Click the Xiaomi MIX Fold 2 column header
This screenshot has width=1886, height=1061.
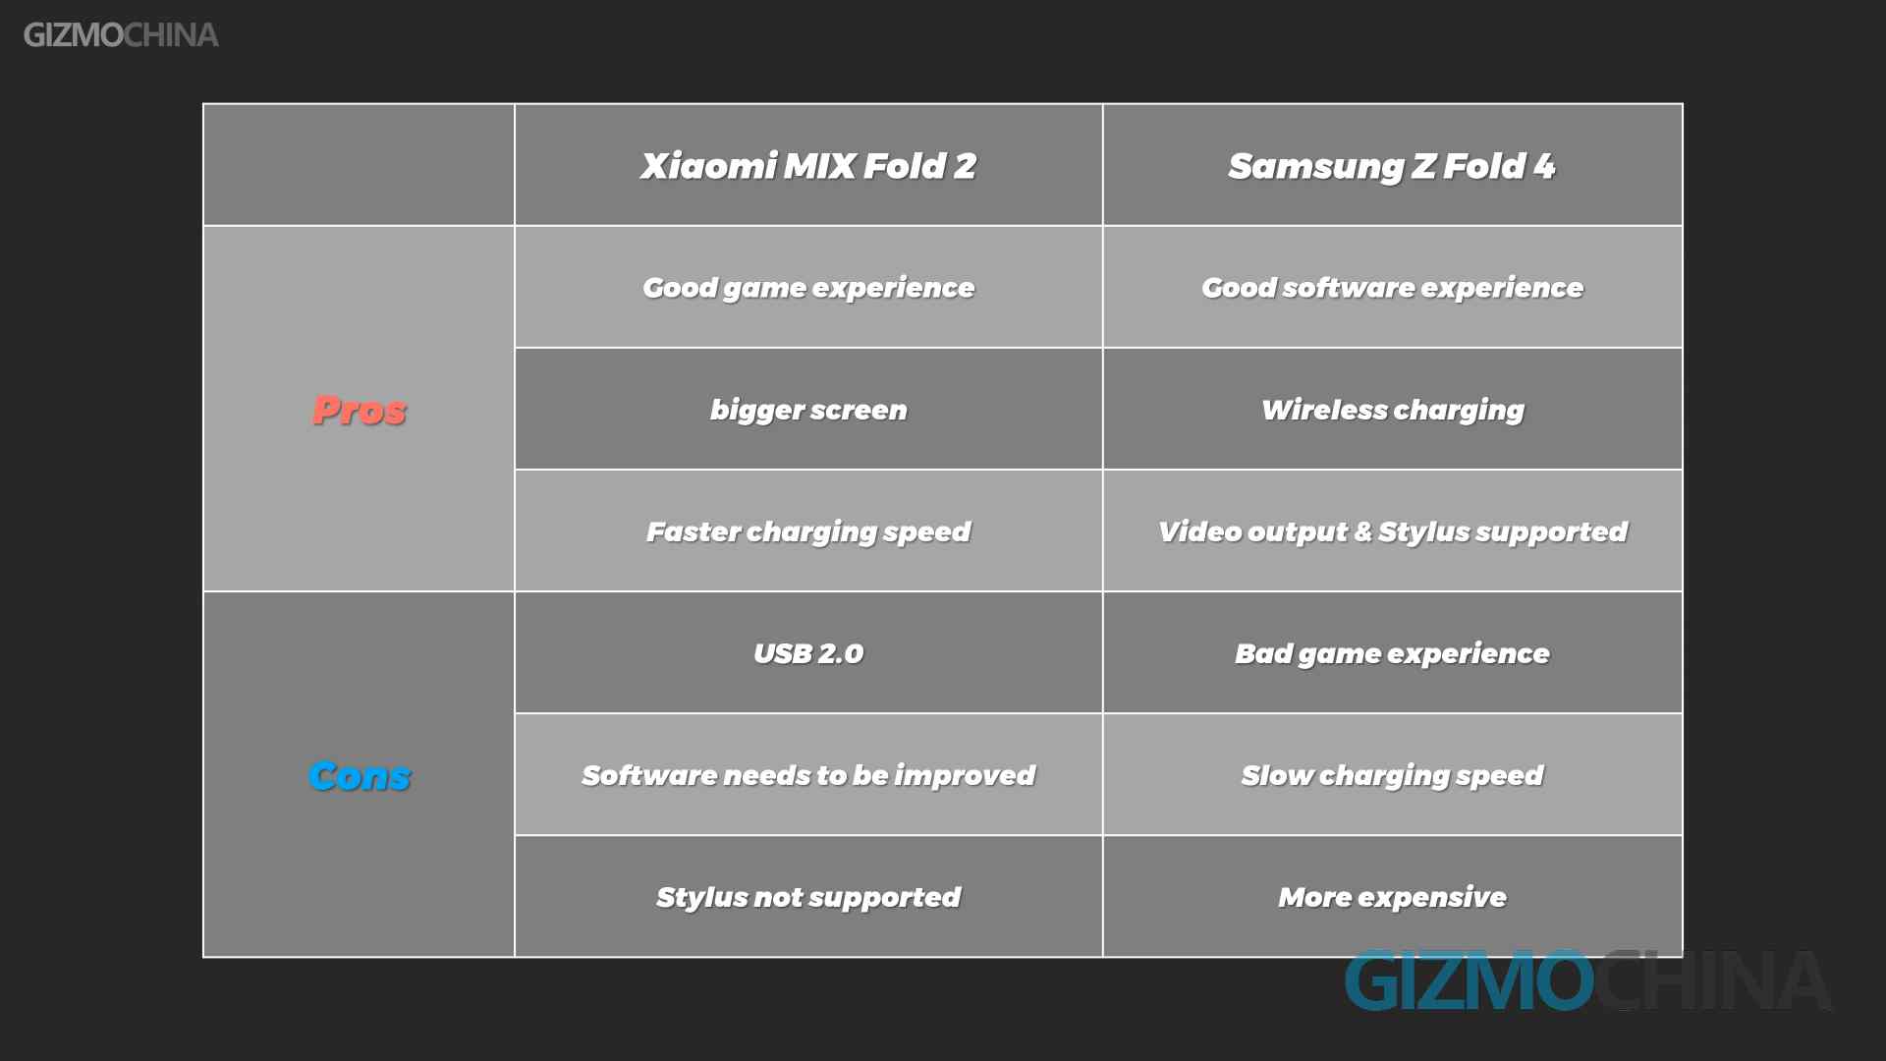tap(808, 166)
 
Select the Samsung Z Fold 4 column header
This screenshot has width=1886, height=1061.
tap(1392, 166)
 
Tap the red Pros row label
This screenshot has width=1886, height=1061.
tap(360, 410)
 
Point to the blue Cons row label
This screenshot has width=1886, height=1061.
tap(360, 775)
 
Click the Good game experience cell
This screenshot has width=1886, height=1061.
tap(808, 288)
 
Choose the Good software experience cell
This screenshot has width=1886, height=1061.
tap(1392, 288)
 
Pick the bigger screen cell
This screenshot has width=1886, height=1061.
tap(808, 410)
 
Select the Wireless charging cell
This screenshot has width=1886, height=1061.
tap(1392, 410)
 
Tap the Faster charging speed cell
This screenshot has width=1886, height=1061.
tap(808, 531)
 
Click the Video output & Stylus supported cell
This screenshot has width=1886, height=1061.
tap(1392, 531)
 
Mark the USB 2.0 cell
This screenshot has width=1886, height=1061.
tap(808, 653)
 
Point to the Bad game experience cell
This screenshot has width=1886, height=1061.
tap(1392, 653)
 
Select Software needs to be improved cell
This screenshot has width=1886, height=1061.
tap(808, 775)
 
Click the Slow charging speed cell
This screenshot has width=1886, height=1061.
tap(1392, 775)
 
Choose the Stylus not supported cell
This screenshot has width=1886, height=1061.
tap(808, 897)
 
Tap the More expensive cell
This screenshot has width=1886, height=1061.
tap(1392, 897)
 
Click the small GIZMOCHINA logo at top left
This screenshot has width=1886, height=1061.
tap(121, 35)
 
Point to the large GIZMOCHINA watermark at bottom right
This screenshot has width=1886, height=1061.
tap(1587, 980)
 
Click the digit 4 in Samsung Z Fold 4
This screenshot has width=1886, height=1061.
tap(1545, 165)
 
